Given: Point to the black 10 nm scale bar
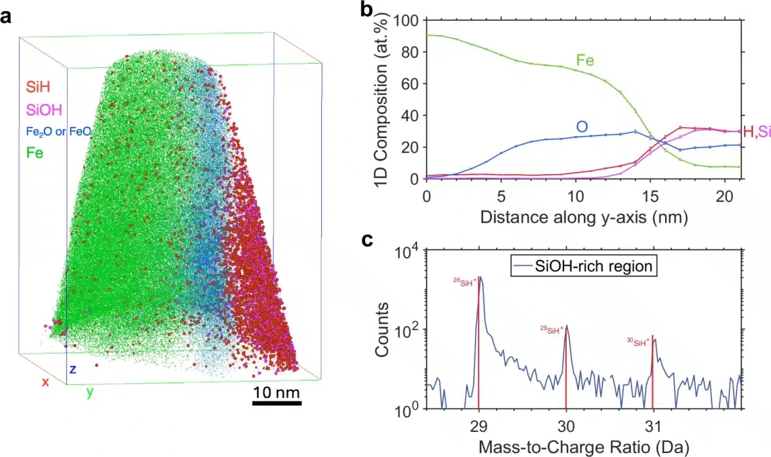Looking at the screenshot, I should coord(276,403).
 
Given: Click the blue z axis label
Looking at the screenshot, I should coord(73,370).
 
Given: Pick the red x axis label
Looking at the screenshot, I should coord(46,382).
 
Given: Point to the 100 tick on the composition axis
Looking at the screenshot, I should coord(409,21).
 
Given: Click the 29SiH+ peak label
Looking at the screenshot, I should coord(551,329).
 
